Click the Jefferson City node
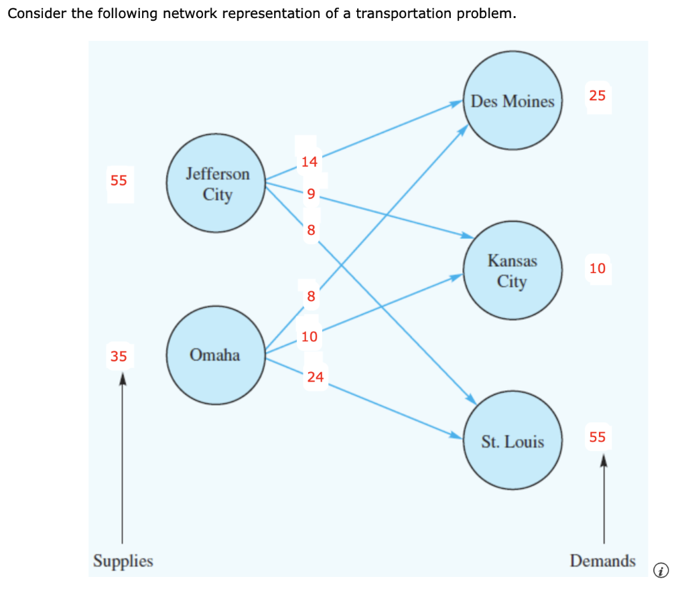click(217, 184)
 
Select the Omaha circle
click(215, 355)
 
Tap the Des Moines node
click(512, 102)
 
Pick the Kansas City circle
click(512, 270)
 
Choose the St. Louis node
click(512, 442)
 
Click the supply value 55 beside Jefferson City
click(119, 180)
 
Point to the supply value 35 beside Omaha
click(119, 356)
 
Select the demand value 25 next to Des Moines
click(597, 96)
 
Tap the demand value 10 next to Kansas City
click(597, 268)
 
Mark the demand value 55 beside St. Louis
click(597, 437)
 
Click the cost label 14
click(310, 161)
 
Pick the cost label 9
click(310, 195)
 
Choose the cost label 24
click(316, 377)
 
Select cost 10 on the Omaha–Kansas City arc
click(310, 336)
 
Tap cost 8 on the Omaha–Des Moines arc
click(310, 296)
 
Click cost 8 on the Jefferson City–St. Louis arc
click(310, 230)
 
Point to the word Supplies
click(123, 561)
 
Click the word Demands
click(602, 561)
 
